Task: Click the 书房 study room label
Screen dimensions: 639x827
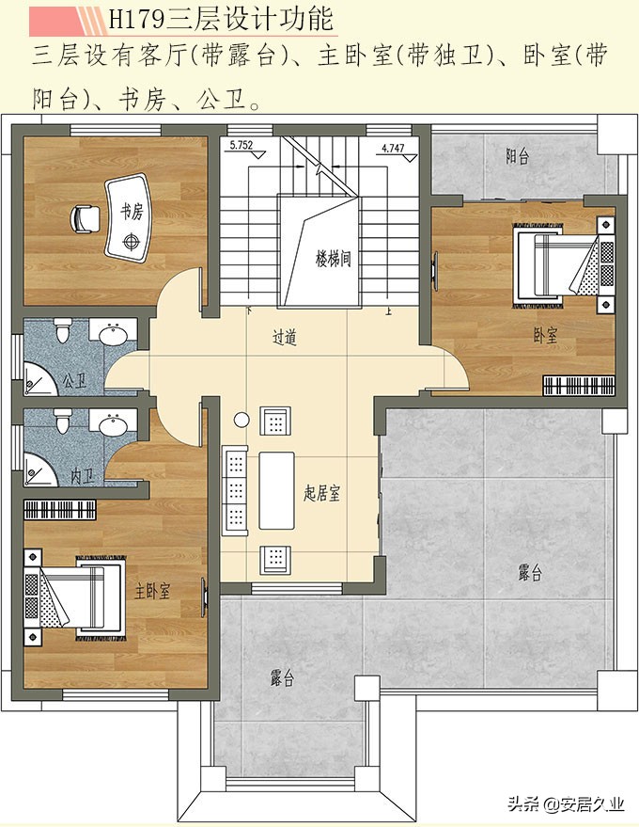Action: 132,213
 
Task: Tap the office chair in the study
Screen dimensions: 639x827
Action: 85,219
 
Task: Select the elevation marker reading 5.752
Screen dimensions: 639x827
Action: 242,146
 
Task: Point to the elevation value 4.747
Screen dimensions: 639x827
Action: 393,149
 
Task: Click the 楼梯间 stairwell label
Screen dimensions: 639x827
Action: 334,259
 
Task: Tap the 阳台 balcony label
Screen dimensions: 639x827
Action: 517,156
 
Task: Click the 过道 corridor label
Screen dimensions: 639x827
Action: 285,338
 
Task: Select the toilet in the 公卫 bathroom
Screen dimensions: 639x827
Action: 63,329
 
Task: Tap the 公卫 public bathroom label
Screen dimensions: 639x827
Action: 74,380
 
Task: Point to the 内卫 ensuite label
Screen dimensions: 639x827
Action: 83,477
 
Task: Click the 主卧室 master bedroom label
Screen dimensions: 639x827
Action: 152,591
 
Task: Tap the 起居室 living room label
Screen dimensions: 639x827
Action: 322,493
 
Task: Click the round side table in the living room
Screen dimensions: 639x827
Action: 242,420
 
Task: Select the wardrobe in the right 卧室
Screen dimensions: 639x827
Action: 579,385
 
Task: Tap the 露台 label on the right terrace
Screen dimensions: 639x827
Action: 529,573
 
